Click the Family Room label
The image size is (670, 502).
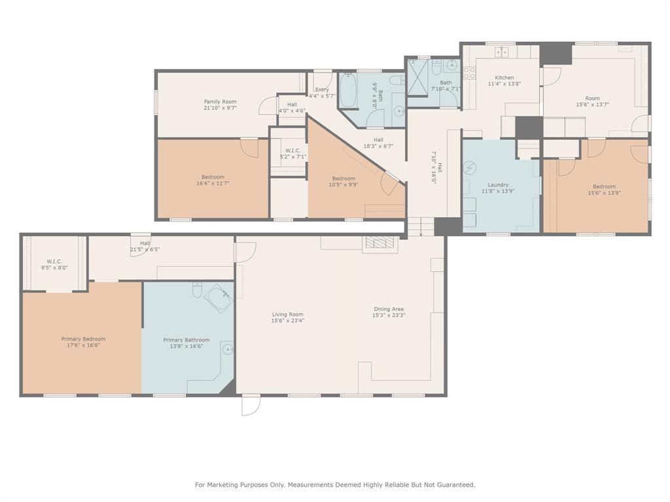point(220,102)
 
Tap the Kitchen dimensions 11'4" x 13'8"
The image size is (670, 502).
point(504,84)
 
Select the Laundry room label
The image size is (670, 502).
point(499,185)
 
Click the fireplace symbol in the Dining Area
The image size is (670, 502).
point(380,243)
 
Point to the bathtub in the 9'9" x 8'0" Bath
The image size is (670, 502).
point(347,92)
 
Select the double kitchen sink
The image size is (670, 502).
point(502,52)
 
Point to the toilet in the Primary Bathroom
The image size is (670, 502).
point(196,290)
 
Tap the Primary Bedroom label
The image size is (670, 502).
point(83,339)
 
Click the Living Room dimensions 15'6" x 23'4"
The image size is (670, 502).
point(288,321)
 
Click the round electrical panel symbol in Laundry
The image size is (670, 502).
point(470,168)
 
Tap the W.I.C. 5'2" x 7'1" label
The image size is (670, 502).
point(289,154)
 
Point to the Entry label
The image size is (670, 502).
point(322,90)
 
